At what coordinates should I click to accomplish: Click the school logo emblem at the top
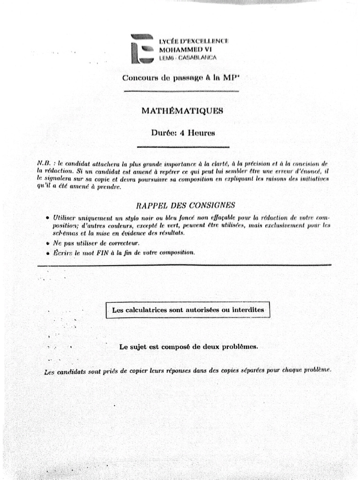pyautogui.click(x=142, y=49)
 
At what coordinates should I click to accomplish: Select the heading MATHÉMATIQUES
pyautogui.click(x=182, y=111)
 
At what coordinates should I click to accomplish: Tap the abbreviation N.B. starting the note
pyautogui.click(x=44, y=163)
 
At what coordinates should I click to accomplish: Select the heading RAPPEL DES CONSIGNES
pyautogui.click(x=185, y=205)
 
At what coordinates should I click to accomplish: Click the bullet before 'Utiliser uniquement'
pyautogui.click(x=48, y=218)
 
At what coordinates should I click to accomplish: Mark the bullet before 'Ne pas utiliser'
pyautogui.click(x=48, y=243)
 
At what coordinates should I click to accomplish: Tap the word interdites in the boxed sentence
pyautogui.click(x=248, y=310)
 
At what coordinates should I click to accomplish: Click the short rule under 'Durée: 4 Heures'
pyautogui.click(x=183, y=147)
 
